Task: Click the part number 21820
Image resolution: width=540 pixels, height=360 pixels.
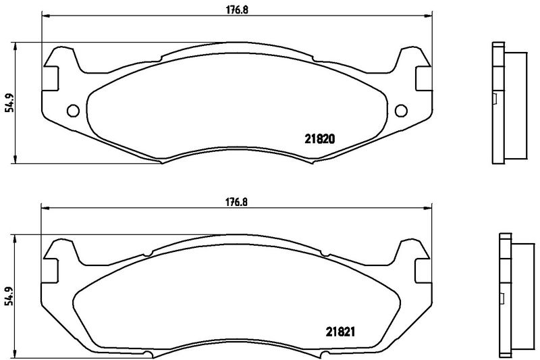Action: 319,139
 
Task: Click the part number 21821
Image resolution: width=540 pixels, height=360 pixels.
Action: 340,332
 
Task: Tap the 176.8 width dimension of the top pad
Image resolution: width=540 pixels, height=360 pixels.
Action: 237,10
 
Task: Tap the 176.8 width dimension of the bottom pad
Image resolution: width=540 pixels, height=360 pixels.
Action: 237,202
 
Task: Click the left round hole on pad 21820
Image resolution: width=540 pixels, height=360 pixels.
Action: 73,111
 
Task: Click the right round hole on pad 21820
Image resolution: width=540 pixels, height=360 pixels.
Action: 401,111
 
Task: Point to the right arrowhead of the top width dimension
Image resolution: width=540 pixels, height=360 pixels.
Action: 427,15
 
